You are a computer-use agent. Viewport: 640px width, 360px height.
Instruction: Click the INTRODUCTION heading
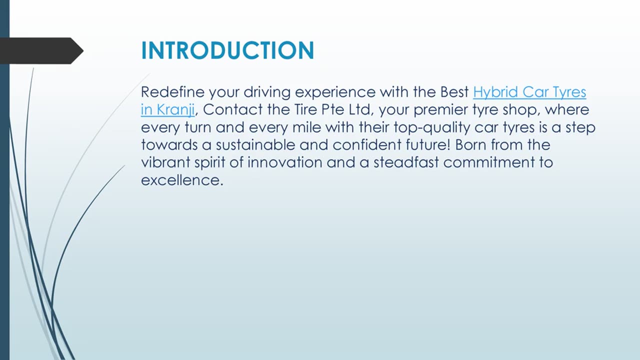coord(227,50)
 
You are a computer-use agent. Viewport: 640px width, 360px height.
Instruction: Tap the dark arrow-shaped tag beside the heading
coord(41,51)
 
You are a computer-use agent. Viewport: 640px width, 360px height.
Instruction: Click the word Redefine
coord(173,92)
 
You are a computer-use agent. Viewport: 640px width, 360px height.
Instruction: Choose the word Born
coord(470,145)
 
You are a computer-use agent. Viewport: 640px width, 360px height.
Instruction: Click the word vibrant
coord(165,162)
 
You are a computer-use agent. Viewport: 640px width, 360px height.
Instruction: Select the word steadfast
coord(406,162)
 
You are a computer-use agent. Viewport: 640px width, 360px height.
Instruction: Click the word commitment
coord(489,162)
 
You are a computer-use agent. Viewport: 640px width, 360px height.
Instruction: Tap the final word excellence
coord(182,180)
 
